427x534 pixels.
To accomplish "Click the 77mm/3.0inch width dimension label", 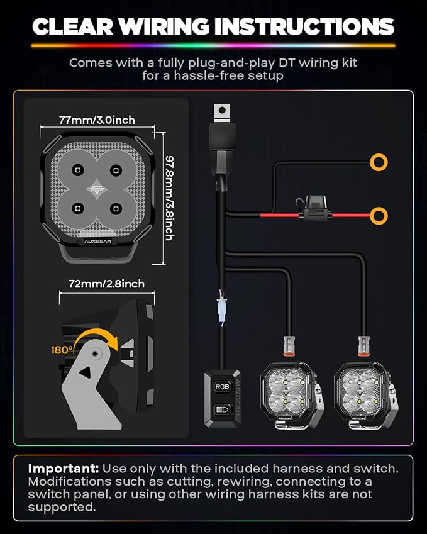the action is pyautogui.click(x=97, y=120).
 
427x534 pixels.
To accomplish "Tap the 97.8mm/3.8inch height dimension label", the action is pyautogui.click(x=170, y=198).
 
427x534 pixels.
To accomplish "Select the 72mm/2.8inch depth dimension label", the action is pyautogui.click(x=106, y=284).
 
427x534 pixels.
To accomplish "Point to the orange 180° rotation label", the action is pyautogui.click(x=62, y=350).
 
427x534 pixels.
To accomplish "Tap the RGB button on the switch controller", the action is pyautogui.click(x=222, y=387).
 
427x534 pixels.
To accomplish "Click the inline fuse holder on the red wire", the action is pyautogui.click(x=313, y=208).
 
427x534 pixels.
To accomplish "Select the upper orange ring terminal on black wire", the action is pyautogui.click(x=379, y=162).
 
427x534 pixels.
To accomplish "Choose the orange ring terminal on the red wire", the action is pyautogui.click(x=379, y=216).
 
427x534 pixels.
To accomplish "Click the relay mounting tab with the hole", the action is pyautogui.click(x=222, y=112).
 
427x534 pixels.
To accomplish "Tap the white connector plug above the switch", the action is pyautogui.click(x=222, y=310).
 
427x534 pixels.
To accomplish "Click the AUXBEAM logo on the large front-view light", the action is pyautogui.click(x=97, y=241).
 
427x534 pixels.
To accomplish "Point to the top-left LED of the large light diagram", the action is pyautogui.click(x=78, y=170).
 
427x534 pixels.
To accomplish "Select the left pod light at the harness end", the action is pyautogui.click(x=291, y=395).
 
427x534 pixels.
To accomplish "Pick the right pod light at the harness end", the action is pyautogui.click(x=366, y=395).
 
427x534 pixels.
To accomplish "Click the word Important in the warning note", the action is pyautogui.click(x=64, y=469).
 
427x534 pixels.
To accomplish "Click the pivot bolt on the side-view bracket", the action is pyautogui.click(x=96, y=354).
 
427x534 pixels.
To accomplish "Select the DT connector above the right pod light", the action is pyautogui.click(x=363, y=345).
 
